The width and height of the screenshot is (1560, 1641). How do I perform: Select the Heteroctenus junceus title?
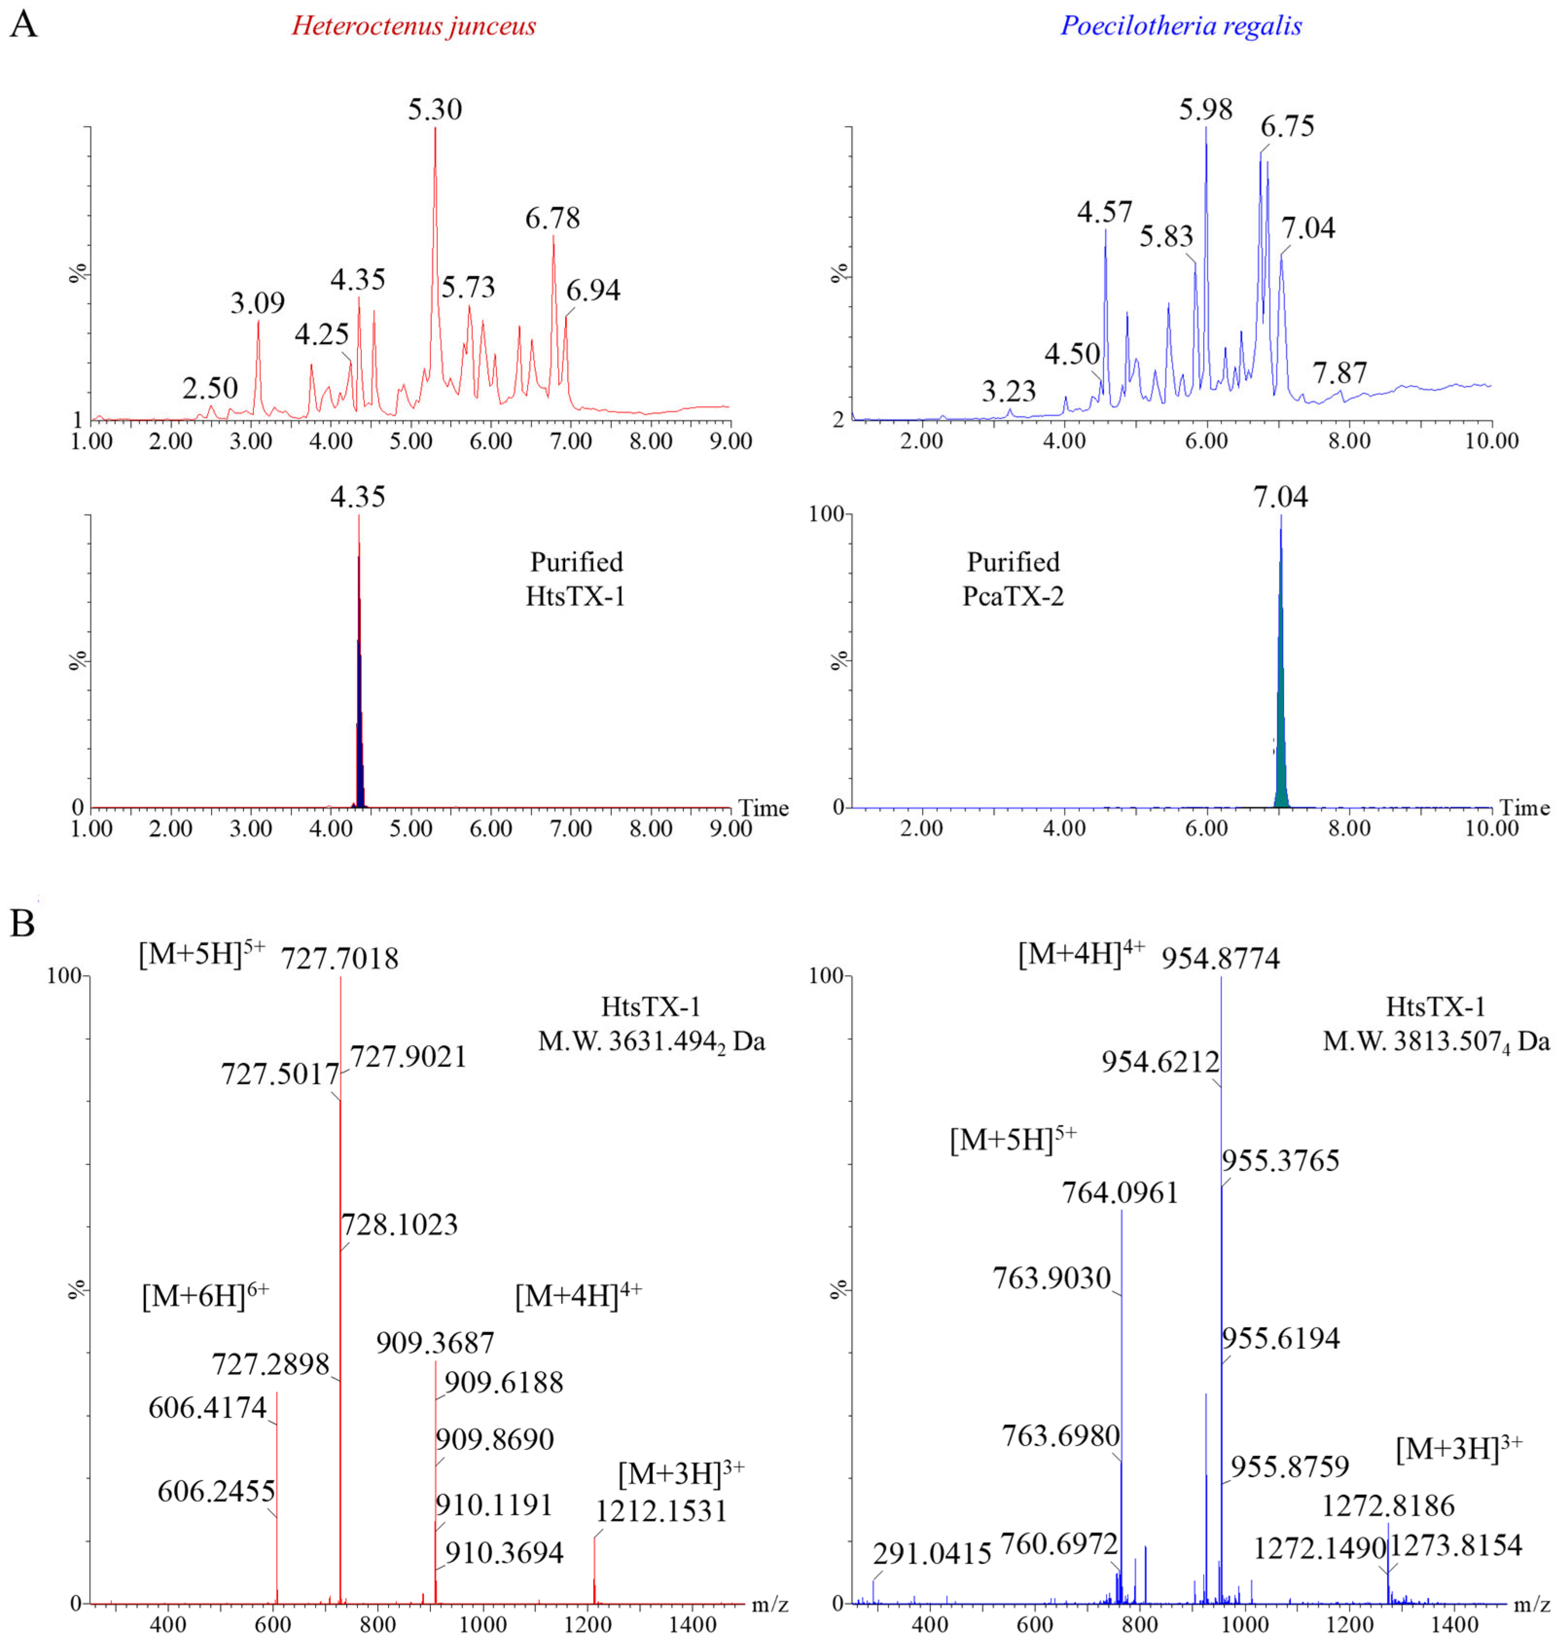413,26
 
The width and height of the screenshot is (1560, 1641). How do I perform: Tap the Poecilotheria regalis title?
1181,26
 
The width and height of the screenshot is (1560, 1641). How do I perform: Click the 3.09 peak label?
258,303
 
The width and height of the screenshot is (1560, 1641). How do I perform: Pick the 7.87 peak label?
1340,373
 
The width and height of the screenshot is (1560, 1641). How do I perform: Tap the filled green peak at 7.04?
1280,749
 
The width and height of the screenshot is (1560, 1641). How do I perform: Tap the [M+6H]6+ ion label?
205,1296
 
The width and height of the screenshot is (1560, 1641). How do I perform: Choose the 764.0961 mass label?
1120,1194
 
